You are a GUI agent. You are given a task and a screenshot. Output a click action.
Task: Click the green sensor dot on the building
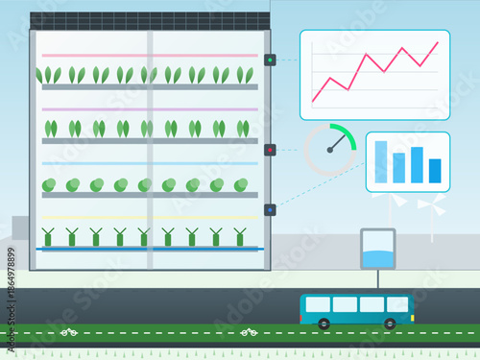click(271, 60)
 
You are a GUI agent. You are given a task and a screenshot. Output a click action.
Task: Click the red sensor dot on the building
click(271, 149)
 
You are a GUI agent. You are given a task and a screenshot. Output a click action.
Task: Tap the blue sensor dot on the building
click(271, 209)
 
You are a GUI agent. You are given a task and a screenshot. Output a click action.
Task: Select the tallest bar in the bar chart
click(381, 161)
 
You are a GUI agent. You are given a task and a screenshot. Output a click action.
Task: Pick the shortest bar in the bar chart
click(435, 171)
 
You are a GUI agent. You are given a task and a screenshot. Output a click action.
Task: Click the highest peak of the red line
click(438, 42)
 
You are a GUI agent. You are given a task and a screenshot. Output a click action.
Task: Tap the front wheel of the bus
click(390, 324)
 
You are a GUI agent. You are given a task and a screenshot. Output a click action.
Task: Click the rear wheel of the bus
click(324, 324)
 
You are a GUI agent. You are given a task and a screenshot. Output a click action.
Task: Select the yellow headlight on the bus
click(412, 315)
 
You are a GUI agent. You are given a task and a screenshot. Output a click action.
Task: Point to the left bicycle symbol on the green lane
click(69, 333)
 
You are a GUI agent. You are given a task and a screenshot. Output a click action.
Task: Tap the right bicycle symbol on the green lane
click(247, 333)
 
